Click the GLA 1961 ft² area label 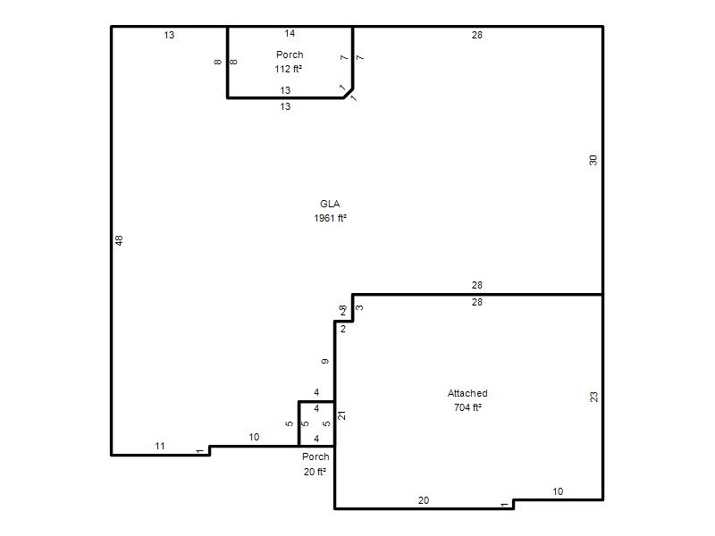pyautogui.click(x=330, y=211)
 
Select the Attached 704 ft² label pyautogui.click(x=467, y=400)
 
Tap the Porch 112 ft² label pyautogui.click(x=289, y=62)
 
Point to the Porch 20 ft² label pyautogui.click(x=315, y=464)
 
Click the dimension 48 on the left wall pyautogui.click(x=119, y=240)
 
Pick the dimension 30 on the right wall pyautogui.click(x=593, y=160)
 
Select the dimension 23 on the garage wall pyautogui.click(x=593, y=397)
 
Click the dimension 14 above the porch pyautogui.click(x=290, y=33)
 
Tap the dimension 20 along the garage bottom pyautogui.click(x=424, y=500)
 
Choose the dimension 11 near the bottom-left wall pyautogui.click(x=160, y=446)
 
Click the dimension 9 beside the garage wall pyautogui.click(x=324, y=362)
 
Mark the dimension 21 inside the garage pyautogui.click(x=341, y=415)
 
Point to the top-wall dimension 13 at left pyautogui.click(x=169, y=35)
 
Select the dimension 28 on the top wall pyautogui.click(x=477, y=35)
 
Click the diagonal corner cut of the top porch pyautogui.click(x=349, y=93)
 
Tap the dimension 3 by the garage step pyautogui.click(x=360, y=307)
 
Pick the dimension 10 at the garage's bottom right pyautogui.click(x=558, y=491)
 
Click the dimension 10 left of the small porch pyautogui.click(x=254, y=437)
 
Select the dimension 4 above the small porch pyautogui.click(x=316, y=392)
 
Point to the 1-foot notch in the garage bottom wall pyautogui.click(x=513, y=504)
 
